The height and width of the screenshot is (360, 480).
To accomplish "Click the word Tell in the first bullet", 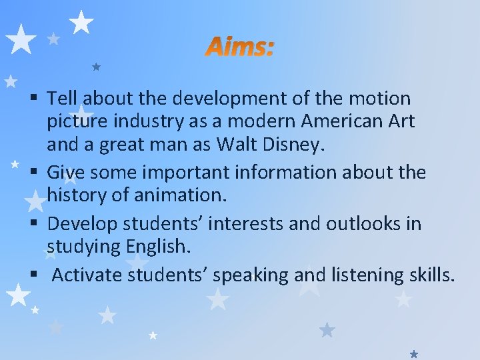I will pyautogui.click(x=62, y=99).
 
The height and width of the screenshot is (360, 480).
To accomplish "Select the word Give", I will pyautogui.click(x=65, y=173).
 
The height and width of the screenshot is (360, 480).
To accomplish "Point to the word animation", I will pyautogui.click(x=180, y=196).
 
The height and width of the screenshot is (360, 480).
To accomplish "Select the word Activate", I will pyautogui.click(x=86, y=274).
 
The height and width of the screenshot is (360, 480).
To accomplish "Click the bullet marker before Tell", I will pyautogui.click(x=37, y=99).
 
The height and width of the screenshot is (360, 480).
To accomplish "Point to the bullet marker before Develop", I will pyautogui.click(x=37, y=224).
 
